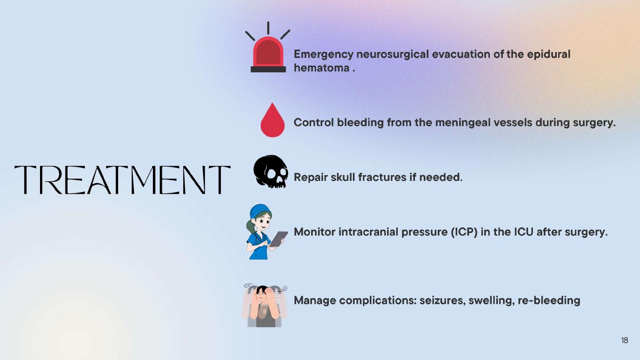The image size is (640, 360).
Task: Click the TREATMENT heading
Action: coord(122,180)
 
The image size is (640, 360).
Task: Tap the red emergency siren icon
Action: coord(268,47)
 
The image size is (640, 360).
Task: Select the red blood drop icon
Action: coord(272,120)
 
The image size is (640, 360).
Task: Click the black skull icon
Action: coord(271,172)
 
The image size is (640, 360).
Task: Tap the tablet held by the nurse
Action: coord(279,239)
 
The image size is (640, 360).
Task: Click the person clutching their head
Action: coord(264,305)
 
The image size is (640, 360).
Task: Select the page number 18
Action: coord(624,340)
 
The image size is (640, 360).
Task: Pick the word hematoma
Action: coord(322,68)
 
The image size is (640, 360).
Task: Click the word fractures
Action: coord(382,177)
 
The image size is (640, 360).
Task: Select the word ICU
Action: coord(524,232)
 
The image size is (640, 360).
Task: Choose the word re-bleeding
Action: coord(549,300)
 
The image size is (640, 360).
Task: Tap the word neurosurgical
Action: coord(392,55)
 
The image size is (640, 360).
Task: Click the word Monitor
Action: coord(315,232)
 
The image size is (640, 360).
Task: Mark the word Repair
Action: coord(311,177)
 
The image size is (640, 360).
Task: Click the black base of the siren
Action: coord(268,69)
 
